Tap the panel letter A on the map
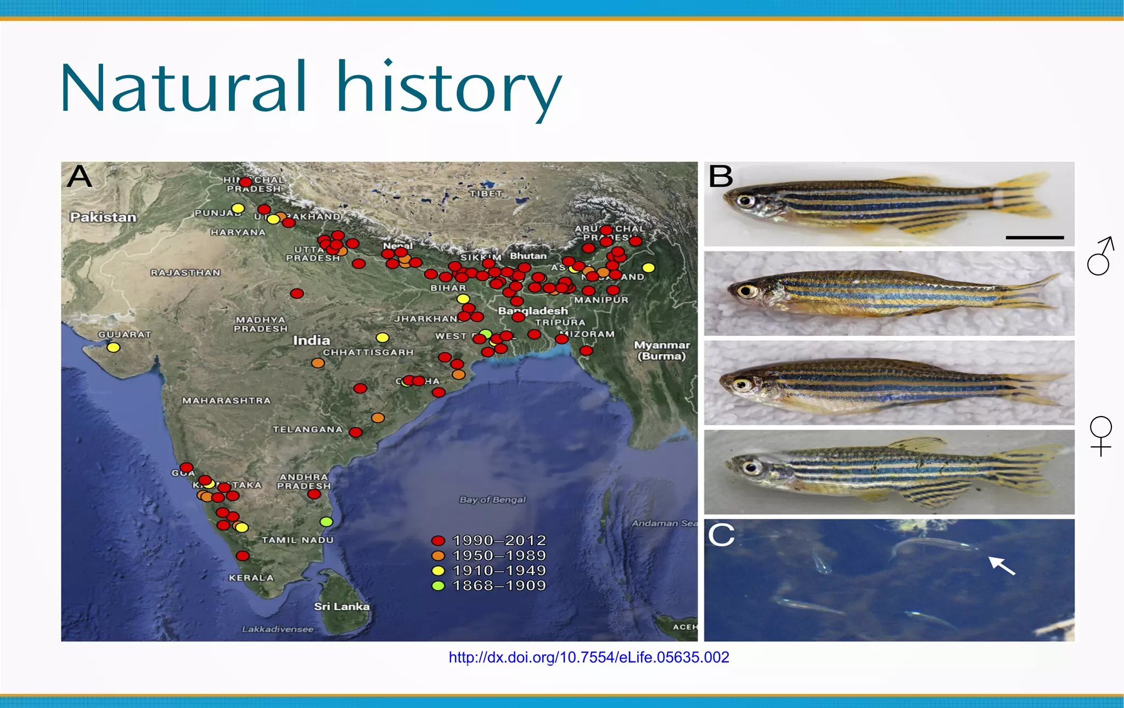pyautogui.click(x=80, y=177)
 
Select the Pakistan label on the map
pyautogui.click(x=103, y=217)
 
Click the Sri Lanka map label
pyautogui.click(x=341, y=606)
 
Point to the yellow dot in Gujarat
pyautogui.click(x=114, y=347)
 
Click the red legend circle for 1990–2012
pyautogui.click(x=438, y=541)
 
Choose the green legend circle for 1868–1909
pyautogui.click(x=438, y=586)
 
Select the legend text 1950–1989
pyautogui.click(x=499, y=555)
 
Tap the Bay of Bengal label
pyautogui.click(x=492, y=499)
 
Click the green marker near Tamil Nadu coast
pyautogui.click(x=327, y=521)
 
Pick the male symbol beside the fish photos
pyautogui.click(x=1100, y=256)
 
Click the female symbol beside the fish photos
pyautogui.click(x=1100, y=436)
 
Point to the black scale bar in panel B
pyautogui.click(x=1035, y=238)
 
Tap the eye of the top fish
pyautogui.click(x=746, y=200)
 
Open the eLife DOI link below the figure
pyautogui.click(x=588, y=658)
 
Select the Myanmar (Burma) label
pyautogui.click(x=661, y=350)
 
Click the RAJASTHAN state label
pyautogui.click(x=186, y=272)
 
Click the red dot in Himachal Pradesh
pyautogui.click(x=246, y=182)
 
